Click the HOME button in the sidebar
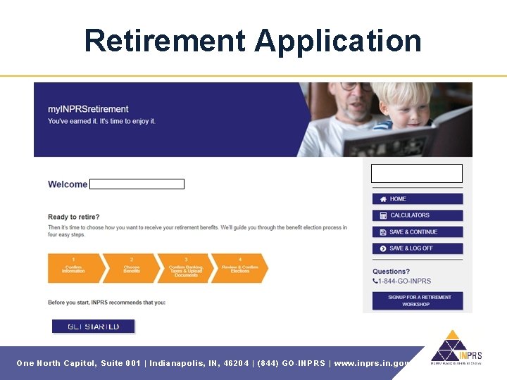pyautogui.click(x=417, y=199)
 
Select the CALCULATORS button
pyautogui.click(x=417, y=215)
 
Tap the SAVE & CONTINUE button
pyautogui.click(x=417, y=232)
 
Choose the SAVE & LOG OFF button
pyautogui.click(x=417, y=248)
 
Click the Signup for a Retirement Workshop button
pyautogui.click(x=417, y=300)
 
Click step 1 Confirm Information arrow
pyautogui.click(x=73, y=268)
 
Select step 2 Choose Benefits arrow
pyautogui.click(x=132, y=268)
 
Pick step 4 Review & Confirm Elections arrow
pyautogui.click(x=239, y=268)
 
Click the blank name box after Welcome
pyautogui.click(x=137, y=184)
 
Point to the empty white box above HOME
pyautogui.click(x=416, y=173)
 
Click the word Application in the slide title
pyautogui.click(x=338, y=41)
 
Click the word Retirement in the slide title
pyautogui.click(x=165, y=41)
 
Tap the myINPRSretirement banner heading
pyautogui.click(x=88, y=109)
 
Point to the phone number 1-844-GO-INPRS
pyautogui.click(x=405, y=281)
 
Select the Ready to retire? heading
pyautogui.click(x=74, y=217)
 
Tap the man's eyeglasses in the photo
pyautogui.click(x=355, y=87)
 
